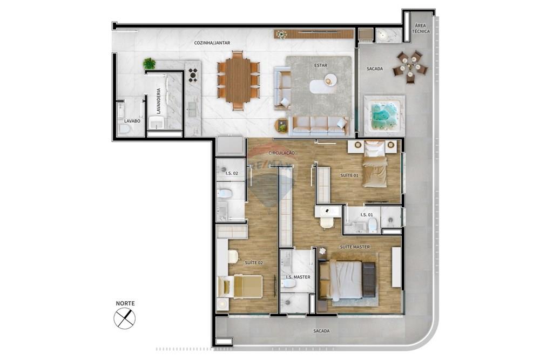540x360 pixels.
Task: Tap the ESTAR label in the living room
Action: (x=320, y=65)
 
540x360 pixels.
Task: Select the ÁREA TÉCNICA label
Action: (x=421, y=29)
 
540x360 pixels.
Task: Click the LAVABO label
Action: (x=132, y=121)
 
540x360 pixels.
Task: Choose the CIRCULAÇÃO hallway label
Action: (x=281, y=153)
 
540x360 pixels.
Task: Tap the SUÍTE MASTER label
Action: (x=354, y=247)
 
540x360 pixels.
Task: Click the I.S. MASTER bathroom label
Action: (x=298, y=277)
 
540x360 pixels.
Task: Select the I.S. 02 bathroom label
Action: (x=232, y=173)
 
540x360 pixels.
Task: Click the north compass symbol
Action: (x=125, y=318)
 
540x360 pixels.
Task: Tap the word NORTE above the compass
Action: (x=125, y=303)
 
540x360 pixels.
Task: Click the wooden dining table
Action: (x=238, y=80)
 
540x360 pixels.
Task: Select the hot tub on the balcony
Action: (x=384, y=115)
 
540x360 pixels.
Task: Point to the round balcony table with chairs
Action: (x=410, y=67)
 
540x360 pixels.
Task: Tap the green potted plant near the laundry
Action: (x=149, y=64)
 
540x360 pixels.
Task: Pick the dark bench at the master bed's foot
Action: (x=369, y=279)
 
